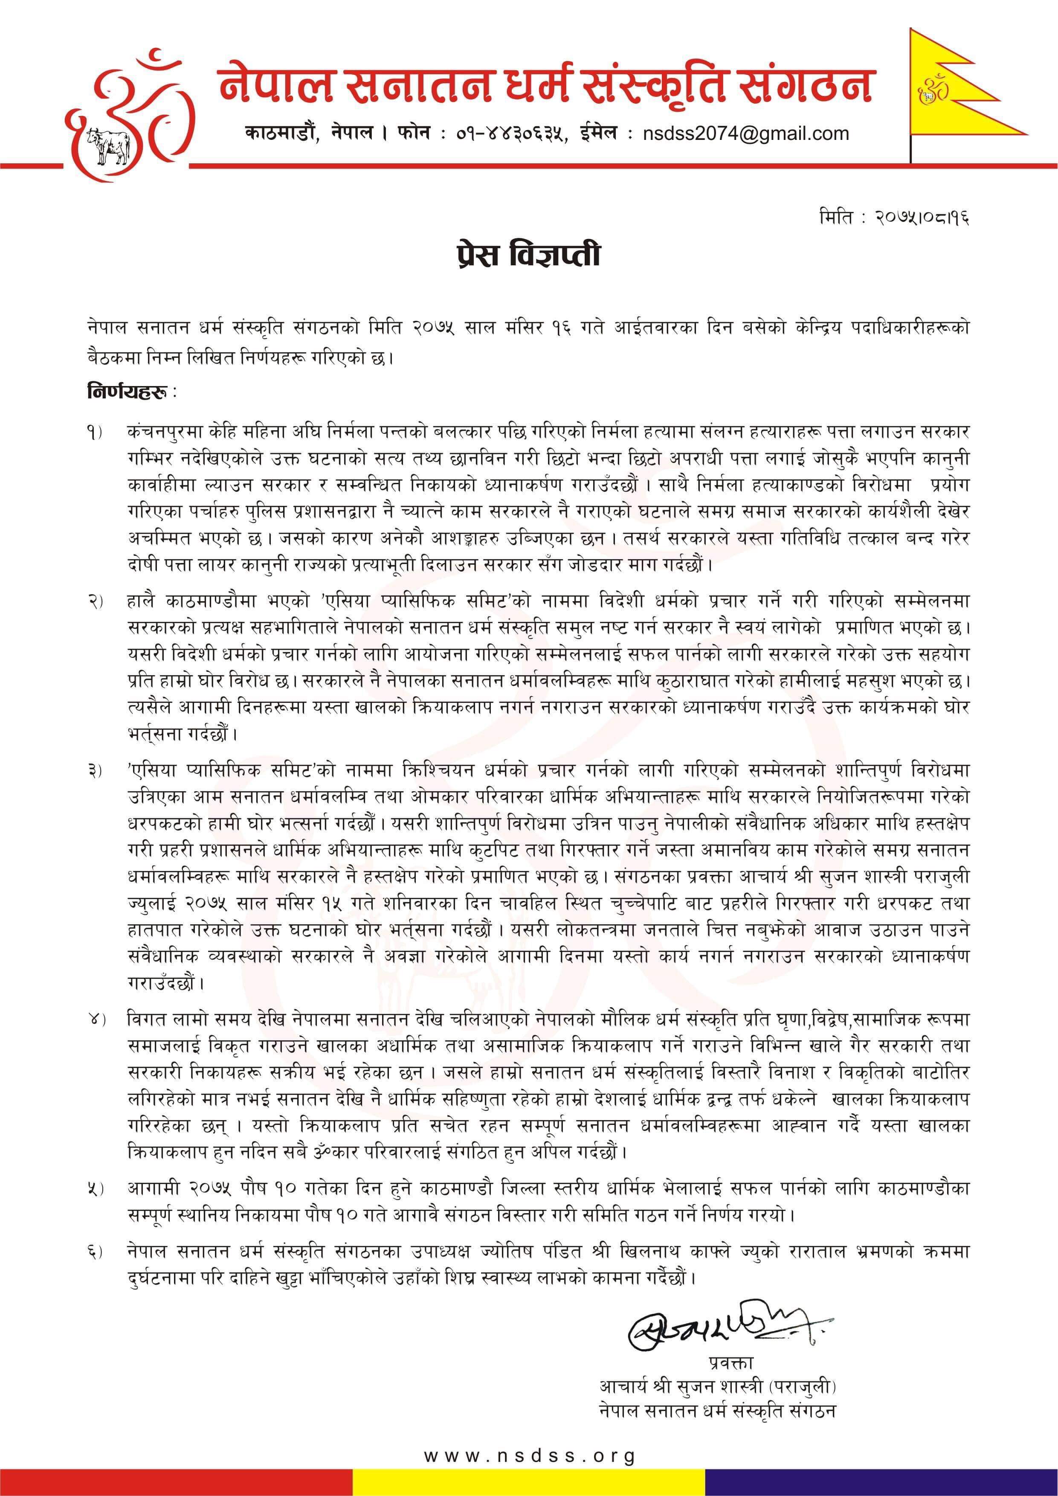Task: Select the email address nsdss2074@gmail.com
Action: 746,134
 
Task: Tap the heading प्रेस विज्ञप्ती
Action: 528,255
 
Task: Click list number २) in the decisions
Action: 95,601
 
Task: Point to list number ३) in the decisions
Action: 95,771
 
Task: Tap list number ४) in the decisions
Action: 95,1020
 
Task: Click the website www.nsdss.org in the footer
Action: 529,1455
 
